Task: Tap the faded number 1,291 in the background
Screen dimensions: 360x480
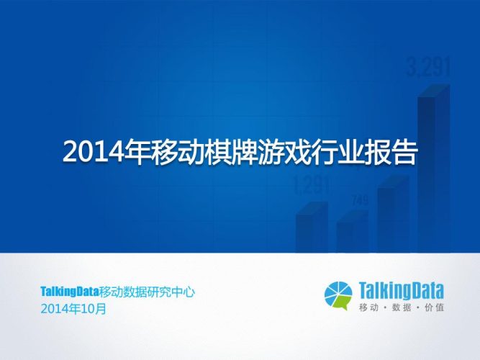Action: (x=312, y=186)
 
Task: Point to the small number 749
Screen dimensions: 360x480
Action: (x=359, y=199)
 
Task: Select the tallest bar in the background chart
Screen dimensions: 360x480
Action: (x=433, y=173)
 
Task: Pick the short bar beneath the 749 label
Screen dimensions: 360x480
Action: (x=353, y=235)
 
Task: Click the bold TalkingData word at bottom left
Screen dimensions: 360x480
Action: (x=71, y=292)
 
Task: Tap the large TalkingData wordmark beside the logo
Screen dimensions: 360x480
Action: (x=402, y=290)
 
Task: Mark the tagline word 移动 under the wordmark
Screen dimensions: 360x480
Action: (x=368, y=308)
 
